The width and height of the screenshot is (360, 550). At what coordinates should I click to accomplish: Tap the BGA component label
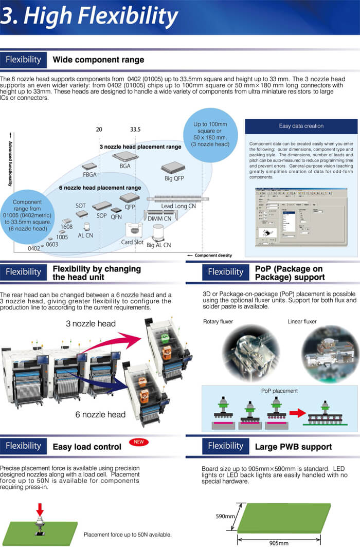point(125,167)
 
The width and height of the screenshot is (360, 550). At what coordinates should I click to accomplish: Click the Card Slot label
point(132,242)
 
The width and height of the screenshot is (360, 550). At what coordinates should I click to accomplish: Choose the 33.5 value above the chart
point(136,130)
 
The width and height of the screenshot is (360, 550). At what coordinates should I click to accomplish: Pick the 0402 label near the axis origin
point(34,249)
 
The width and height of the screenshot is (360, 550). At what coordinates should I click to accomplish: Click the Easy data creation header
point(301,126)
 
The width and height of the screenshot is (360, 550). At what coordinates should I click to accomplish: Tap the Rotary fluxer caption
point(218,321)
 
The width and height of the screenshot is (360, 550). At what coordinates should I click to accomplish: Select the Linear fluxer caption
point(302,321)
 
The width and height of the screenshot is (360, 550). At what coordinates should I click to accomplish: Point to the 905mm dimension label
point(279,543)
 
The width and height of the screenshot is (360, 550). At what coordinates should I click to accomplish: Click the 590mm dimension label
point(225,516)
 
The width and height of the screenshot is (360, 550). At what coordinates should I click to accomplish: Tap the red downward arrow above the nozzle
point(40,508)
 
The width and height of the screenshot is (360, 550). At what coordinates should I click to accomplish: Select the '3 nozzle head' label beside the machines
point(91,324)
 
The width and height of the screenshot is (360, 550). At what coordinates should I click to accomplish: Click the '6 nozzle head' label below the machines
point(100,414)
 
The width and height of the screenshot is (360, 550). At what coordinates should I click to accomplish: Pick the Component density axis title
point(213,255)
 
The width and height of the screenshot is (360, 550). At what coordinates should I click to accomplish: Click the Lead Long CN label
point(178,206)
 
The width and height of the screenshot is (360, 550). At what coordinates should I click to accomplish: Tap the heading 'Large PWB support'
point(293,447)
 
